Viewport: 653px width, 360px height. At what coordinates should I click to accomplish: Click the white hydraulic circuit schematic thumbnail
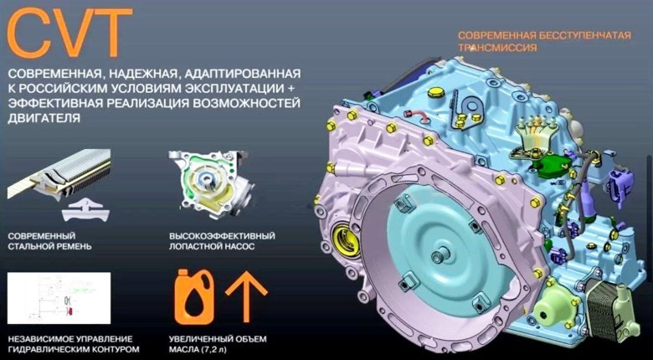click(58, 297)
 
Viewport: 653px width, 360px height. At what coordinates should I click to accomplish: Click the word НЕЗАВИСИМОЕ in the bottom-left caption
click(41, 337)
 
